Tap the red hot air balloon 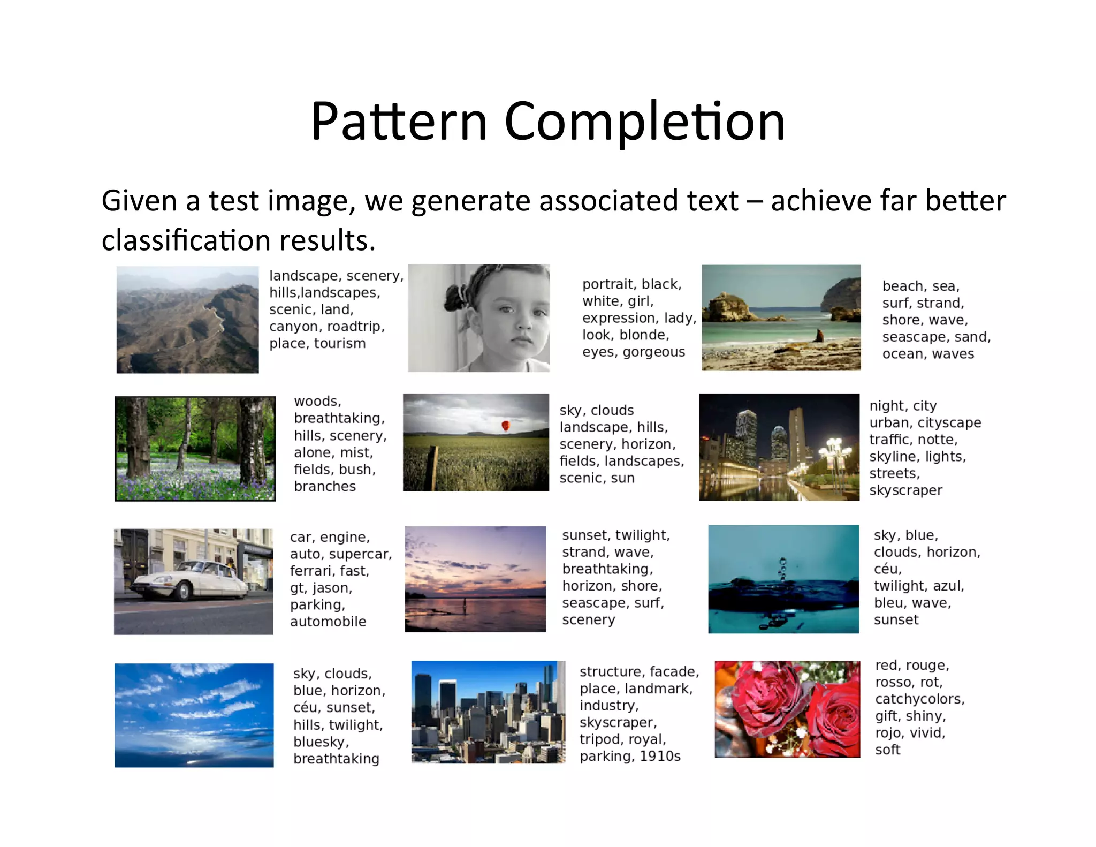(505, 426)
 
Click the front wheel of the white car (184, 591)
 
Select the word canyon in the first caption (294, 327)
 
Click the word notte (940, 440)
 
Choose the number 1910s (660, 756)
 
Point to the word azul (948, 586)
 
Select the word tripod (602, 739)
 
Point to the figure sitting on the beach (819, 336)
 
